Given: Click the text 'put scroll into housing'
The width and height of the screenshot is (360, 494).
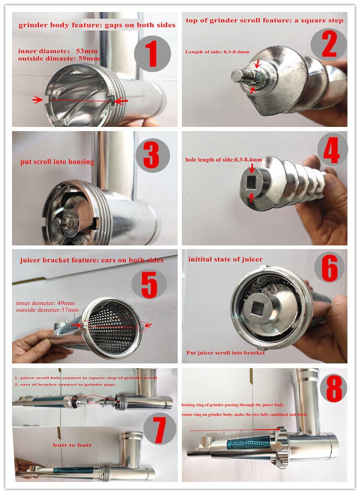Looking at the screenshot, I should (58, 162).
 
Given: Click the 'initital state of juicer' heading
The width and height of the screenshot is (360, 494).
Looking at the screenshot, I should (225, 260).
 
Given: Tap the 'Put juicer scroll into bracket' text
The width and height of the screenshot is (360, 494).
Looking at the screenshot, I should (226, 352).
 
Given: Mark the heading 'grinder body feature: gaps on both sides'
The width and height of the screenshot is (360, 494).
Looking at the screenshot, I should (97, 25).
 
